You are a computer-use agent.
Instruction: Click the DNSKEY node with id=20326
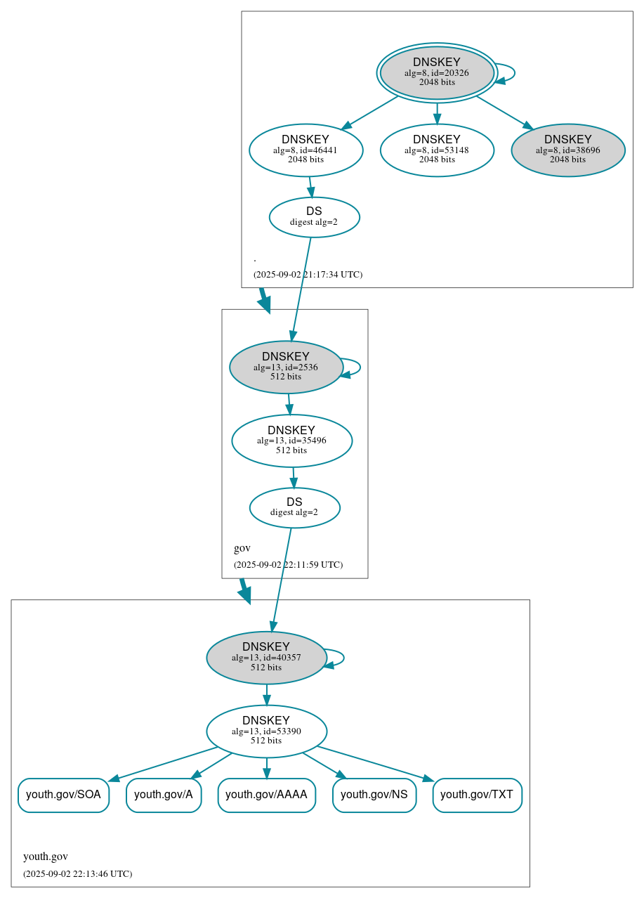437,72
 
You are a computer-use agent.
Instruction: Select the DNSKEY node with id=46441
306,150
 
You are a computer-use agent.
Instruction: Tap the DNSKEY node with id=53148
437,150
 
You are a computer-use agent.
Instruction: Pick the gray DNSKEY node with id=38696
567,150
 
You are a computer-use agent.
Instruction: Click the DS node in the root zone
314,217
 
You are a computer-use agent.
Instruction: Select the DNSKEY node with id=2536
286,367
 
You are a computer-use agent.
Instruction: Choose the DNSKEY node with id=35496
291,441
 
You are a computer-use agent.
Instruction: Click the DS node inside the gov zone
294,507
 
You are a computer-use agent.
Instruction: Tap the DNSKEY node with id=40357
266,658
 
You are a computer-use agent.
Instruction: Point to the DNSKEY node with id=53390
266,731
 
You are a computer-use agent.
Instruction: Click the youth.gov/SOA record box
63,795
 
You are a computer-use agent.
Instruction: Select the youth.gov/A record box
164,795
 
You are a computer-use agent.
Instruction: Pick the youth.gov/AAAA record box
266,795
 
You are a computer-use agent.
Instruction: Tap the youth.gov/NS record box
374,795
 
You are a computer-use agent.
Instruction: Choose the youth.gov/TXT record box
477,795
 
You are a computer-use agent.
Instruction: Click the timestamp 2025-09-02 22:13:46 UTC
77,873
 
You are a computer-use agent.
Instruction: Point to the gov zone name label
242,548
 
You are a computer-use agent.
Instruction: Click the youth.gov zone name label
46,857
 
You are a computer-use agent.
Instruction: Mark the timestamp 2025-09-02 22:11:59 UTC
288,564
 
